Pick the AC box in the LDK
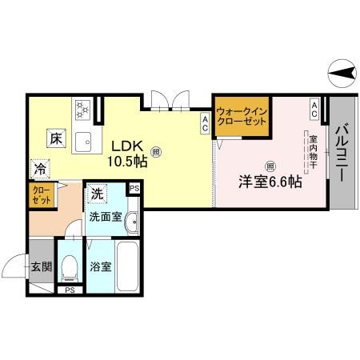[206, 122]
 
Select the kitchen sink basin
[83, 142]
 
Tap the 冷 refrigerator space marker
[39, 169]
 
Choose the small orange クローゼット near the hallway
[41, 196]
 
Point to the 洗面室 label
[104, 216]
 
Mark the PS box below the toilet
[70, 290]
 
